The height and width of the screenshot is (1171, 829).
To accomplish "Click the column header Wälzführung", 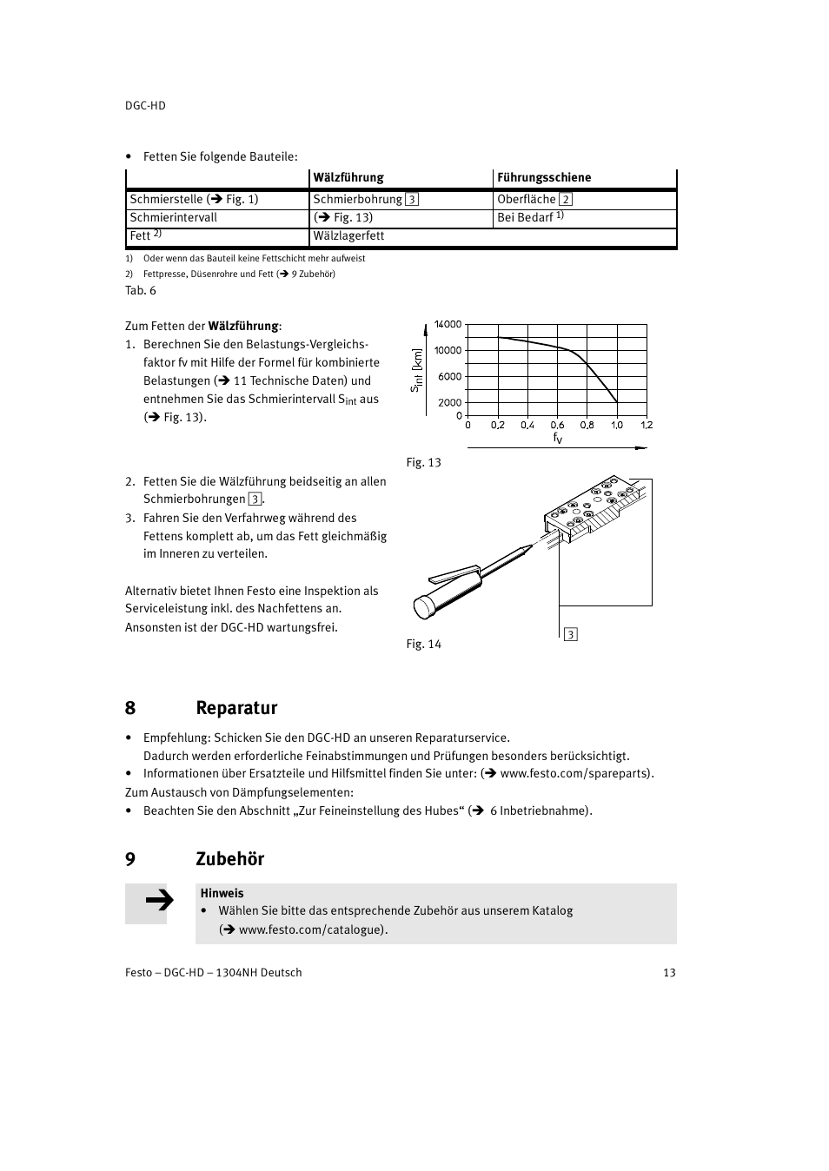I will [348, 177].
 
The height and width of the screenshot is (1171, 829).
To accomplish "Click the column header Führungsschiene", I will [544, 177].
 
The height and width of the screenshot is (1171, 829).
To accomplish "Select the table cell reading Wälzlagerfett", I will [348, 236].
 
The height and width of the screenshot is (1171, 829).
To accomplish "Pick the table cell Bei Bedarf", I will [530, 217].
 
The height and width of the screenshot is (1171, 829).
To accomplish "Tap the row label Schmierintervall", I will [174, 217].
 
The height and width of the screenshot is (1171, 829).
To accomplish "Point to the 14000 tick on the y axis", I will [448, 325].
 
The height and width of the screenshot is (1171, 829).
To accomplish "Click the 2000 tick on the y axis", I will [450, 403].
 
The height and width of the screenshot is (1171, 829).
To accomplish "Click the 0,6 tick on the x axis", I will [557, 426].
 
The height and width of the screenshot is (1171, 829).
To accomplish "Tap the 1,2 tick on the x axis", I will [647, 426].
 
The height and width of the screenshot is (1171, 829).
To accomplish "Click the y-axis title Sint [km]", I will [416, 371].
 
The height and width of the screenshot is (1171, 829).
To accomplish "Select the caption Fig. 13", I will [424, 463].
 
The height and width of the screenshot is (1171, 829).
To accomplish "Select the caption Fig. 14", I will [424, 645].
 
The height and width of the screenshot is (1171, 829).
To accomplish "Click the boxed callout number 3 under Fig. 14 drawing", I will [571, 635].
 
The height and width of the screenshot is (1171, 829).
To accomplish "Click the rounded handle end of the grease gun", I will [424, 606].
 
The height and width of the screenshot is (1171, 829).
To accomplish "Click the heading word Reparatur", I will [236, 708].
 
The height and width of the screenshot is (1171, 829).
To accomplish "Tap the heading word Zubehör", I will [230, 859].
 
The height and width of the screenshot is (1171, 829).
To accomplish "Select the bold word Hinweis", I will [222, 893].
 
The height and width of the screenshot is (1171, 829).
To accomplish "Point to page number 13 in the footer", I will [669, 973].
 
